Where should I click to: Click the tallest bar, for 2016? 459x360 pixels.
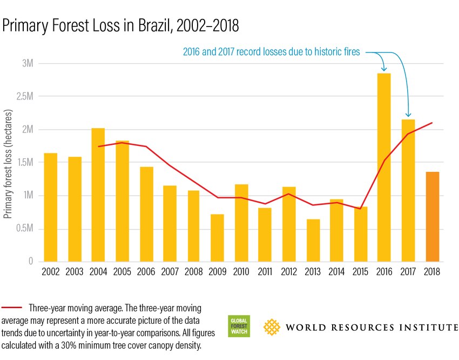coord(384,168)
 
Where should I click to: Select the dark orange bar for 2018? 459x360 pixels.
coord(432,216)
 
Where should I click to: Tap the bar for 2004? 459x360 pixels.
coord(98,195)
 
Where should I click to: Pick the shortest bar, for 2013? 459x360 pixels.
coord(313,240)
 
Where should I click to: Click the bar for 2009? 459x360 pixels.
coord(217,238)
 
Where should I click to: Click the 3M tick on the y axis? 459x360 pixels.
coord(28,63)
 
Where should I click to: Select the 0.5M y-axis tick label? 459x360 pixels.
coord(24,229)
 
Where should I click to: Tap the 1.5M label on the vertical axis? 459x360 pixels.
coord(25,163)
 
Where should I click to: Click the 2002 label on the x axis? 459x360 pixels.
coord(50,272)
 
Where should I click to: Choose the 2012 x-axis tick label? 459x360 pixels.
coord(289,272)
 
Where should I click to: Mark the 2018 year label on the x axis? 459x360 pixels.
coord(432,272)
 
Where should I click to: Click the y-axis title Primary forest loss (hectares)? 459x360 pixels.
coord(8,162)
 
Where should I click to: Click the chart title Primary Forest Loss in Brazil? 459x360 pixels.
coord(120,25)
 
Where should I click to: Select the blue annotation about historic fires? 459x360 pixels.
coord(274,52)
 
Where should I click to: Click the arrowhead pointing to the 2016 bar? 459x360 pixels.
coord(384,69)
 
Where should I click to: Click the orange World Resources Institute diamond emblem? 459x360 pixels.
coord(272,327)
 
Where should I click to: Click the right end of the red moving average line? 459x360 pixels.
coord(432,123)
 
